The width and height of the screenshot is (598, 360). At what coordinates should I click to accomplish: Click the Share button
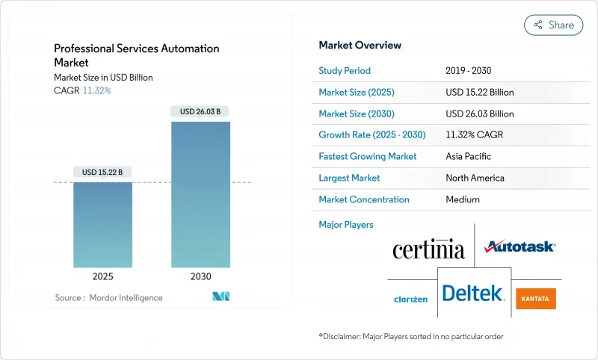tap(553, 25)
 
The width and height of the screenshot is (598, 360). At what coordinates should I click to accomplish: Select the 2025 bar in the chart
tap(102, 224)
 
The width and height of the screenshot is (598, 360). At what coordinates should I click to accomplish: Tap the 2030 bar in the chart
tap(200, 194)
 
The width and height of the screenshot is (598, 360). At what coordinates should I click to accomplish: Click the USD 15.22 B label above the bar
tap(102, 173)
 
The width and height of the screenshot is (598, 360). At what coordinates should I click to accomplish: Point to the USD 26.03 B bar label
tap(200, 112)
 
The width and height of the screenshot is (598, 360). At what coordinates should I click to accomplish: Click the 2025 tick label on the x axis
tap(102, 276)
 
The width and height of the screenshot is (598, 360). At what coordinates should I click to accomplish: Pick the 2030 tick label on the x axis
tap(200, 276)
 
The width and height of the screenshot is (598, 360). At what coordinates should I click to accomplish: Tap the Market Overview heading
tap(360, 46)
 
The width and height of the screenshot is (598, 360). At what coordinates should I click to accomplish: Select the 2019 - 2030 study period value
tap(468, 71)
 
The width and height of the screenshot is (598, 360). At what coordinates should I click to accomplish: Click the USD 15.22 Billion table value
tap(479, 93)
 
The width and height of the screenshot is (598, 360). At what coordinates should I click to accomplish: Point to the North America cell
tap(474, 179)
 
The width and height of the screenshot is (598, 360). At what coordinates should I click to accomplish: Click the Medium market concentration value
tap(462, 199)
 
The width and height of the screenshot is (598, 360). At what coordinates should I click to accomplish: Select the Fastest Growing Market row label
tap(367, 157)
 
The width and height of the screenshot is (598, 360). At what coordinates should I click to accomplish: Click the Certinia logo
tap(428, 249)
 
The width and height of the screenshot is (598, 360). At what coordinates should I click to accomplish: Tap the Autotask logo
tap(520, 246)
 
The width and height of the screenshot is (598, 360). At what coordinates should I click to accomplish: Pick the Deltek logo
tap(473, 294)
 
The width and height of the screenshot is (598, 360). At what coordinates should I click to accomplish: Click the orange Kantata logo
tap(536, 299)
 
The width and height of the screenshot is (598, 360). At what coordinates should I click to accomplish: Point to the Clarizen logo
tap(410, 300)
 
